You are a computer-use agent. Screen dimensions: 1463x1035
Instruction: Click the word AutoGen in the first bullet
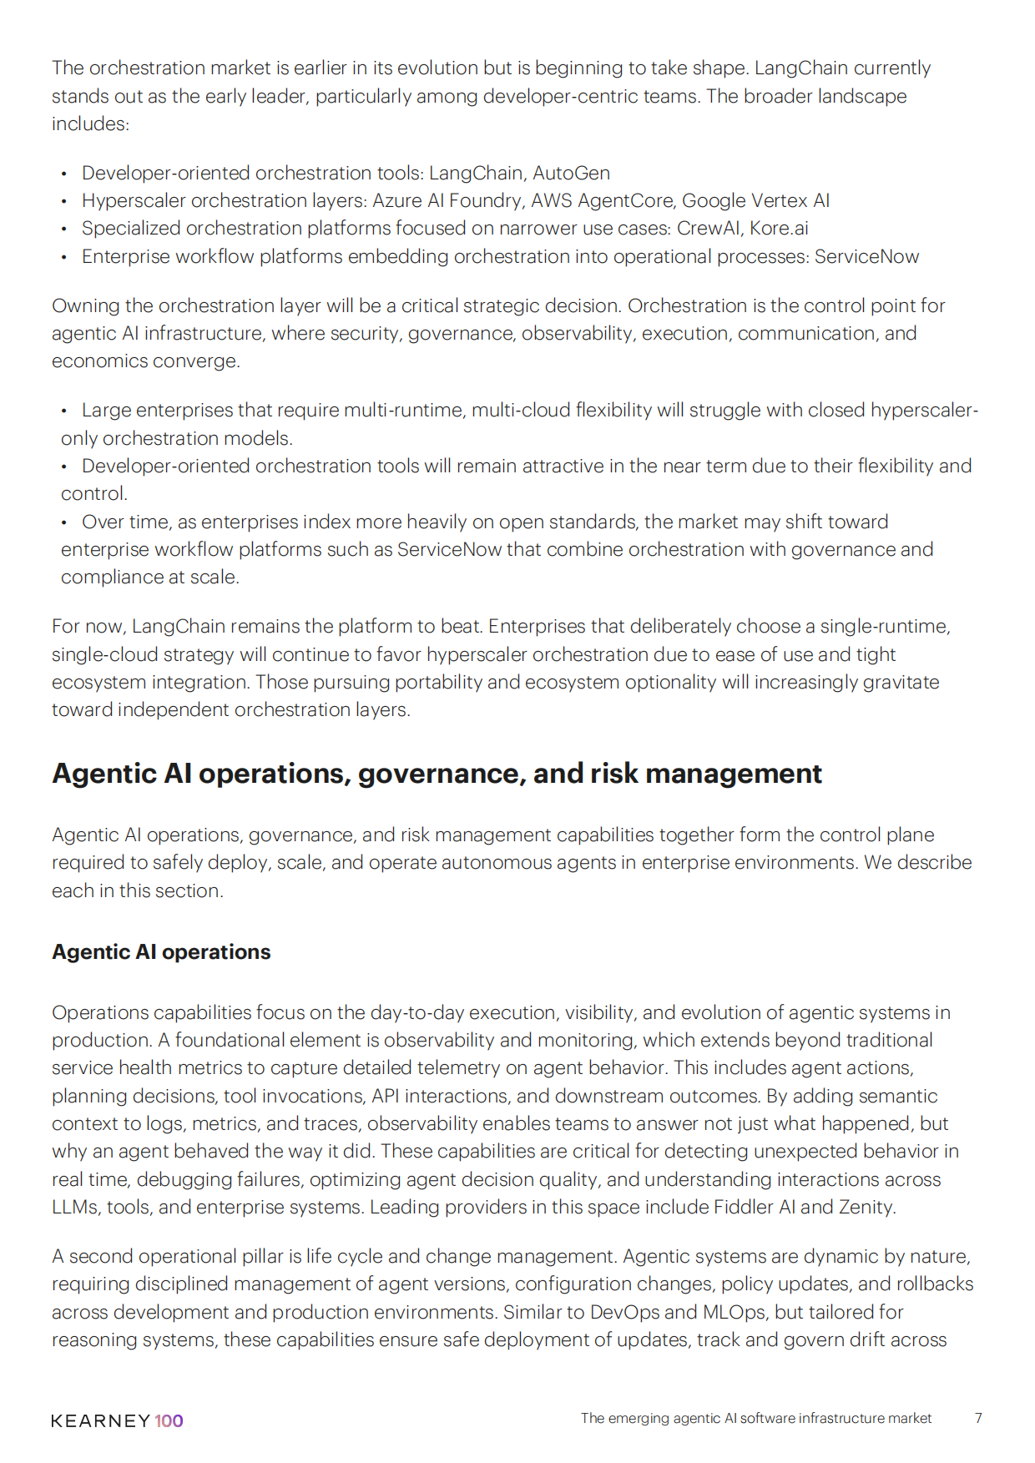coord(571,173)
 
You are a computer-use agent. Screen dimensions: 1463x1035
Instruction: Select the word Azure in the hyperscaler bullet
coord(396,200)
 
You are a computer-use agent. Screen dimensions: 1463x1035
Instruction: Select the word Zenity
coord(867,1207)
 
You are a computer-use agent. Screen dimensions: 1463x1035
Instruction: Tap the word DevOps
coord(624,1312)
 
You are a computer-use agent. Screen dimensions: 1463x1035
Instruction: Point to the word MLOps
coord(734,1312)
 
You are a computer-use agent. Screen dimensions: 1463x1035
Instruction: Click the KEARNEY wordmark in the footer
coord(100,1420)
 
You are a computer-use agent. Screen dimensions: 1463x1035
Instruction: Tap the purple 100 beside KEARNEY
coord(169,1420)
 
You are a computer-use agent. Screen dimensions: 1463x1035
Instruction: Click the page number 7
coord(978,1418)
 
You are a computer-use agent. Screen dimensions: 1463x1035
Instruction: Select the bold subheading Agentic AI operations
coord(161,952)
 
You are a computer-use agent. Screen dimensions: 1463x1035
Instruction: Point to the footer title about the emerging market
coord(755,1418)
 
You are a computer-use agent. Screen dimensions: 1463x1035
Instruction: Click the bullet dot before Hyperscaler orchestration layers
coord(64,201)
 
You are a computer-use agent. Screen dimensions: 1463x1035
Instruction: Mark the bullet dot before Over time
coord(64,522)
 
